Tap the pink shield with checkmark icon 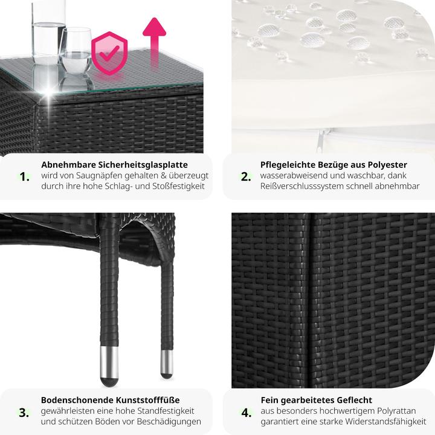coord(109,53)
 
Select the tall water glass coord(48,32)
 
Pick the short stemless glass coord(75,50)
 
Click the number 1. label coord(24,176)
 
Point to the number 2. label coord(246,176)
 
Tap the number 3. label coord(24,413)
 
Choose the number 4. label coord(246,413)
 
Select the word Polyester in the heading coord(387,165)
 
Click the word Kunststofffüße coord(147,400)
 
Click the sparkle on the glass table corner coord(49,94)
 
